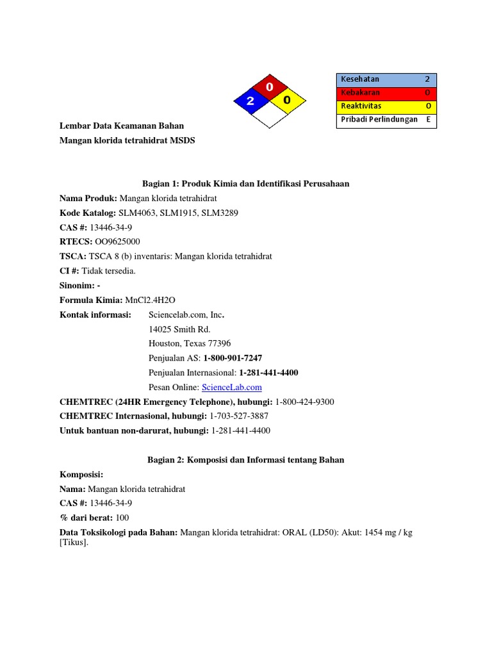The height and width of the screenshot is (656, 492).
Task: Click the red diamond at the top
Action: coord(270,86)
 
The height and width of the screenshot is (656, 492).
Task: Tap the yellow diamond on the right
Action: coord(288,101)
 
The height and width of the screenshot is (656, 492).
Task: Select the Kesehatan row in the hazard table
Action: coord(386,79)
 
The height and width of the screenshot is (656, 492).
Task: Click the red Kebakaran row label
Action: coord(360,93)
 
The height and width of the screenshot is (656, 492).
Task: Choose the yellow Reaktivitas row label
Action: coord(363,106)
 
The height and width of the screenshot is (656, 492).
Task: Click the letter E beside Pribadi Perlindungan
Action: coord(428,119)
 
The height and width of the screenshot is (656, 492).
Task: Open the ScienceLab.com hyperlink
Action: coord(232,387)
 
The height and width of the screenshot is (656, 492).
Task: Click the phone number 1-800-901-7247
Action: coord(233,358)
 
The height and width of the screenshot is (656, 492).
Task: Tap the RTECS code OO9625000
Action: coord(117,242)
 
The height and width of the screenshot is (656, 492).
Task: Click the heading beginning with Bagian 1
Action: coord(246,184)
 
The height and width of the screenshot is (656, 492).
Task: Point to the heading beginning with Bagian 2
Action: coord(246,459)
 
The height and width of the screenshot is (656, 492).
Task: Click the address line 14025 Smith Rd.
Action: coord(179,329)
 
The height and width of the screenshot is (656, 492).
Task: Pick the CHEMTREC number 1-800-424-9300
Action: coord(304,402)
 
